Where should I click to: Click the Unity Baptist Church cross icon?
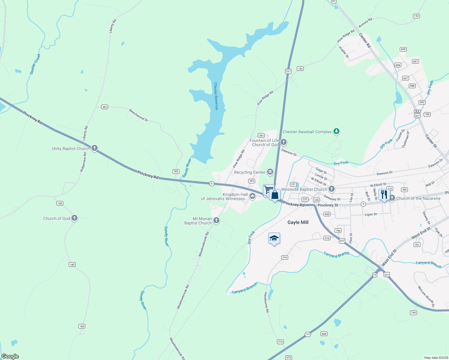tap(95, 148)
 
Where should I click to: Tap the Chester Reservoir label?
tap(216, 96)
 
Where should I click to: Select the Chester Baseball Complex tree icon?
tap(336, 131)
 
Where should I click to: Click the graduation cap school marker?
tap(274, 238)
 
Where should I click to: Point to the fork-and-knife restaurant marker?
tap(384, 195)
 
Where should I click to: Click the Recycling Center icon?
tap(270, 172)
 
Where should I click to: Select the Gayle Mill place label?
tap(298, 222)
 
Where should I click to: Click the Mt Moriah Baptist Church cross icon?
tap(216, 220)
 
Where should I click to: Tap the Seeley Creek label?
tap(35, 64)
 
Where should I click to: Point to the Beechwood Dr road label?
tap(139, 115)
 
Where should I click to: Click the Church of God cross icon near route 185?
tap(74, 218)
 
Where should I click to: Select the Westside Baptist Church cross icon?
tap(331, 189)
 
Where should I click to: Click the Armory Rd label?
tap(365, 22)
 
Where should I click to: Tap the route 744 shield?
tap(413, 313)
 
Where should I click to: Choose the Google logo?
tap(10, 356)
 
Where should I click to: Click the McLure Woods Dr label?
tap(426, 297)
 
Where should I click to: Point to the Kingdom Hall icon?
tap(252, 196)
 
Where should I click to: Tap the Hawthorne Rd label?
tap(266, 302)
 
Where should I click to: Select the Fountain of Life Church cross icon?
tap(284, 142)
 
